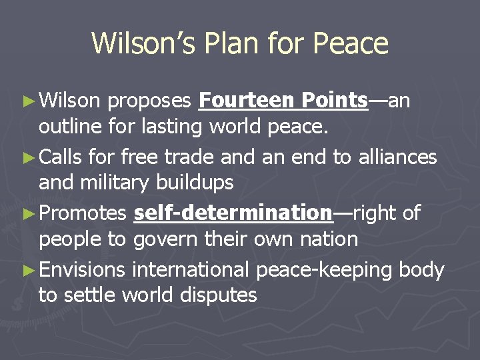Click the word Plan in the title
tap(231, 44)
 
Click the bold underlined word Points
tap(334, 100)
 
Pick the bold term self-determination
tap(233, 213)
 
